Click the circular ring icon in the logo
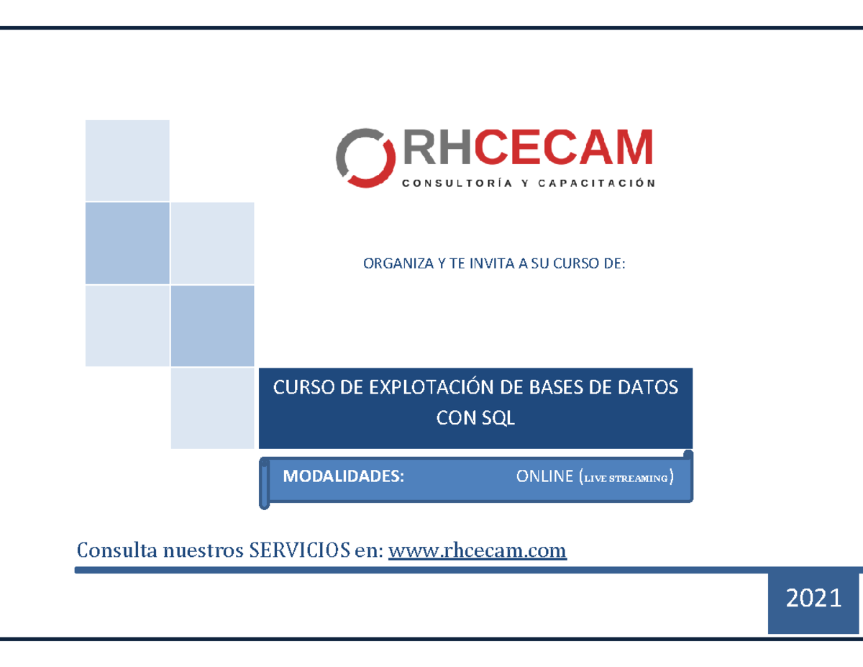[x=366, y=158]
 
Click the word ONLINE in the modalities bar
[x=544, y=476]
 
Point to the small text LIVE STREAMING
[x=626, y=478]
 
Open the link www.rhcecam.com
[x=478, y=550]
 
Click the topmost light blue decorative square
[x=127, y=160]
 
